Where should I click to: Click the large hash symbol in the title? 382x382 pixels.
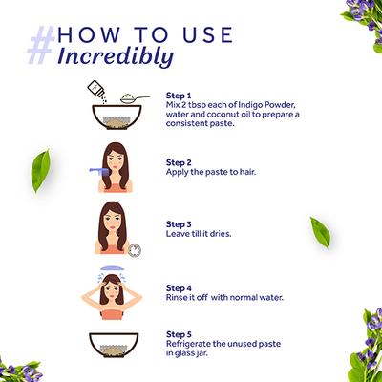tap(45, 44)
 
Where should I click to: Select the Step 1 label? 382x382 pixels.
tap(180, 96)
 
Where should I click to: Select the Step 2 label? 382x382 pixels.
tap(180, 162)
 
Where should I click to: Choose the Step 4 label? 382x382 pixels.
tap(180, 287)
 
